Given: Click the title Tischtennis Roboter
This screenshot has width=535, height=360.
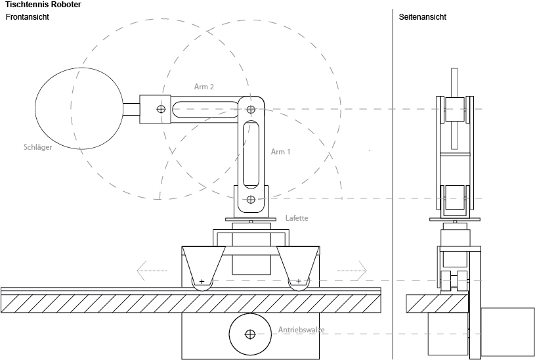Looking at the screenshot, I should click(x=43, y=5).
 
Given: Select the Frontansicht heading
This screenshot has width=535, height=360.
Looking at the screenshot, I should click(x=28, y=17).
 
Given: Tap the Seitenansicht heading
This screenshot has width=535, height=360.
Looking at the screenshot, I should click(x=422, y=17).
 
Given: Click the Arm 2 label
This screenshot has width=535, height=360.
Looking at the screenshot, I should click(x=204, y=87).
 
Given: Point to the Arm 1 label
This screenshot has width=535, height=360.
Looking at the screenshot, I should click(x=280, y=152).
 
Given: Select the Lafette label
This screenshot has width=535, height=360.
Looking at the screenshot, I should click(x=297, y=218).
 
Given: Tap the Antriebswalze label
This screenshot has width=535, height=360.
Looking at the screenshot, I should click(x=301, y=329).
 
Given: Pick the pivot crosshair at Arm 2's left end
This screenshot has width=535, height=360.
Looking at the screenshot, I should click(x=161, y=109).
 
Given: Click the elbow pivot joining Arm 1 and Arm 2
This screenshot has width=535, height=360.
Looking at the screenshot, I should click(x=250, y=109).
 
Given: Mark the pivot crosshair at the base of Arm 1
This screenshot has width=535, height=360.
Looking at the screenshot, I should click(x=250, y=199).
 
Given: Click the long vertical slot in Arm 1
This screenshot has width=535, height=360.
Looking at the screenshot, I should click(x=250, y=154).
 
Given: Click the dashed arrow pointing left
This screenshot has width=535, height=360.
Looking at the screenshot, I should click(x=151, y=269).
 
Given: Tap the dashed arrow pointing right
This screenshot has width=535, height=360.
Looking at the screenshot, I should click(x=353, y=269).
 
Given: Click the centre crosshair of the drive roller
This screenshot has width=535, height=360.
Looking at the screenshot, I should click(x=249, y=334).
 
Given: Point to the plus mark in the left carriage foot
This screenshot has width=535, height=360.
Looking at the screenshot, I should click(x=202, y=282).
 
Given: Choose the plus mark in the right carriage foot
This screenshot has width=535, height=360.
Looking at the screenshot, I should click(x=299, y=282).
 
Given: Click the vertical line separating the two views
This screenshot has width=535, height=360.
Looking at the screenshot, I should click(x=393, y=184).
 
